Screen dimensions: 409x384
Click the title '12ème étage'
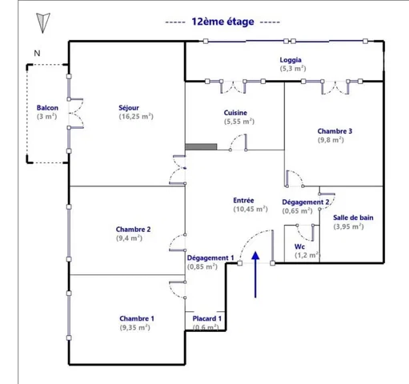(x=223, y=22)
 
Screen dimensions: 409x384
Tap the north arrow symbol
(x=42, y=23)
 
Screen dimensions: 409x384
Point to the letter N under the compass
(x=37, y=54)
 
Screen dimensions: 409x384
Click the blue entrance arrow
(x=255, y=274)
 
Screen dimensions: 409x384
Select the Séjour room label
(x=129, y=108)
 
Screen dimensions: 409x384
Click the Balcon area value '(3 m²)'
(x=47, y=117)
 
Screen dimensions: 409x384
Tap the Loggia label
(x=291, y=60)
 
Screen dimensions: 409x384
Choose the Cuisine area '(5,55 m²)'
(x=239, y=122)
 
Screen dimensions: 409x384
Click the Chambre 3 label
(x=335, y=131)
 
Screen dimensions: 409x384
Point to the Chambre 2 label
(x=133, y=230)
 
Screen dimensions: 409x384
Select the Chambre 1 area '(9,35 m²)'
(x=135, y=327)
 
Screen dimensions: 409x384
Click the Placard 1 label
(x=207, y=318)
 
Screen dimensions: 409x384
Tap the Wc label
(x=299, y=246)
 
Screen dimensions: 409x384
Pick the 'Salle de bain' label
(x=353, y=218)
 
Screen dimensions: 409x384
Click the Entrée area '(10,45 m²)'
(x=251, y=209)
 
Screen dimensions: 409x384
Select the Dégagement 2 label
(x=306, y=202)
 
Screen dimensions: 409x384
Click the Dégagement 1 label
(x=211, y=258)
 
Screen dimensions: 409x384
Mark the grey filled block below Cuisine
(x=201, y=146)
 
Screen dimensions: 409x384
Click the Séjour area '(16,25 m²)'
(x=136, y=117)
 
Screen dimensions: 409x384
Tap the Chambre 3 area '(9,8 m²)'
(x=331, y=140)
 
